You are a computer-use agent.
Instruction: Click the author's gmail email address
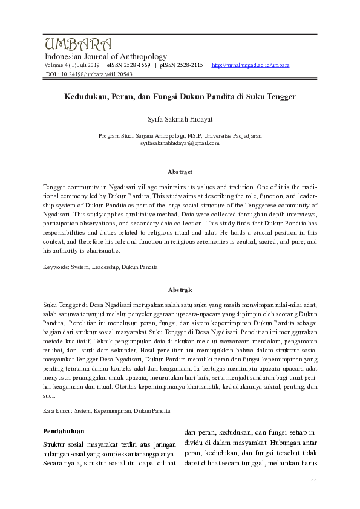[x=180, y=143]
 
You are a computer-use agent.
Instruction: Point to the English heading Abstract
[x=180, y=172]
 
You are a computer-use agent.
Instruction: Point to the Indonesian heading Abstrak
[x=180, y=290]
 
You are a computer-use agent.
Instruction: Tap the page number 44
[x=313, y=481]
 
